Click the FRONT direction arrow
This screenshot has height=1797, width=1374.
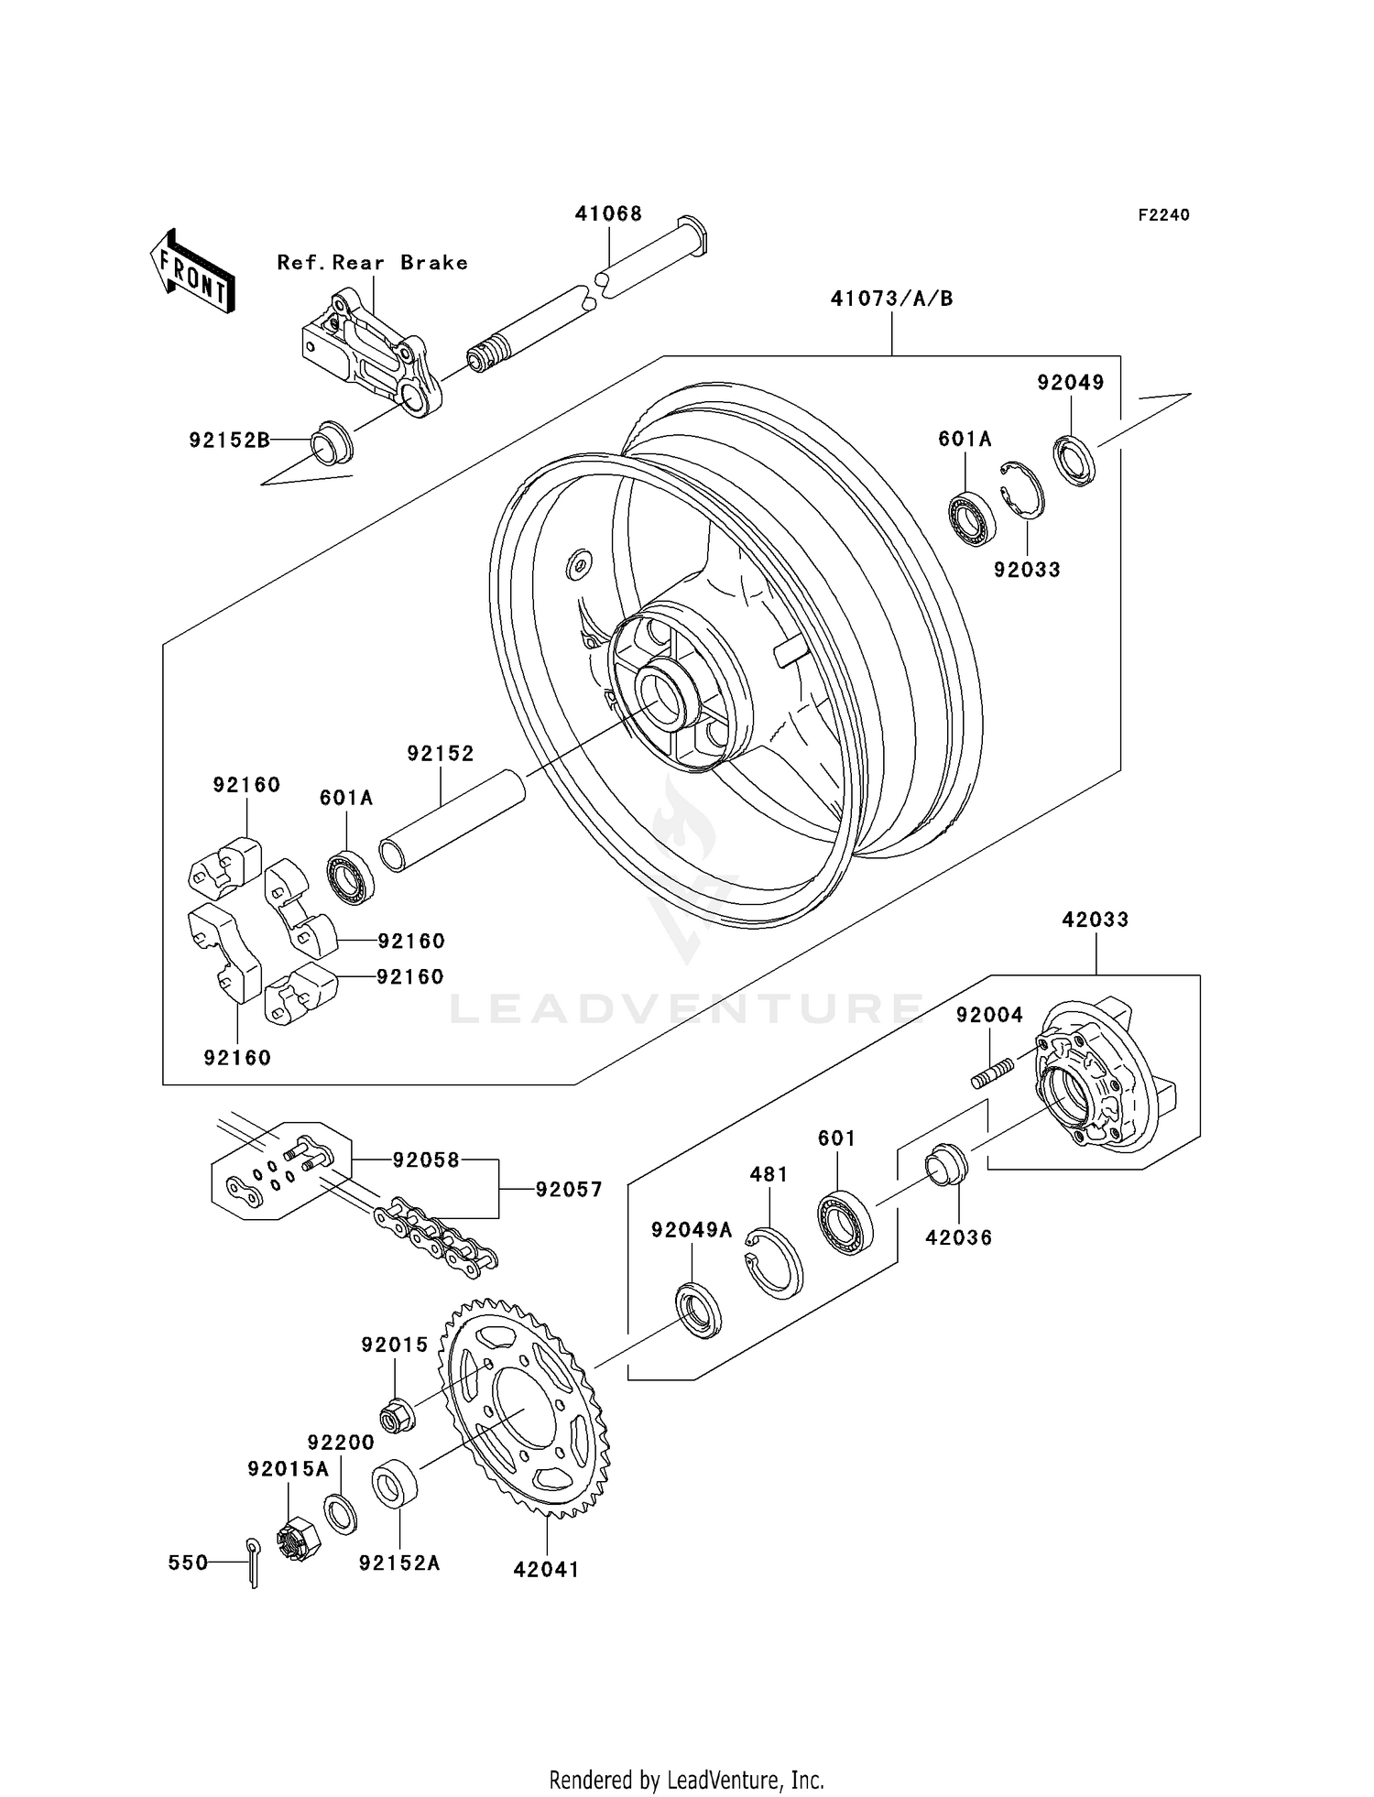click(192, 273)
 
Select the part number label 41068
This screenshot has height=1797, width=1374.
click(608, 213)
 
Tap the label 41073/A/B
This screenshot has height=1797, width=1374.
click(891, 299)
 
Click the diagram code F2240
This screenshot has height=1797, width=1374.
click(1163, 215)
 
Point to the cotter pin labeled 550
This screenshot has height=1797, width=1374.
click(253, 1563)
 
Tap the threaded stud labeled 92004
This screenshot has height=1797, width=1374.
click(992, 1073)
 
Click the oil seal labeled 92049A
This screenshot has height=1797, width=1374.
click(698, 1311)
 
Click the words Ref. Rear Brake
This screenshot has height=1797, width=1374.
click(372, 263)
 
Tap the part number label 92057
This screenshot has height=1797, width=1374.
click(569, 1190)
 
